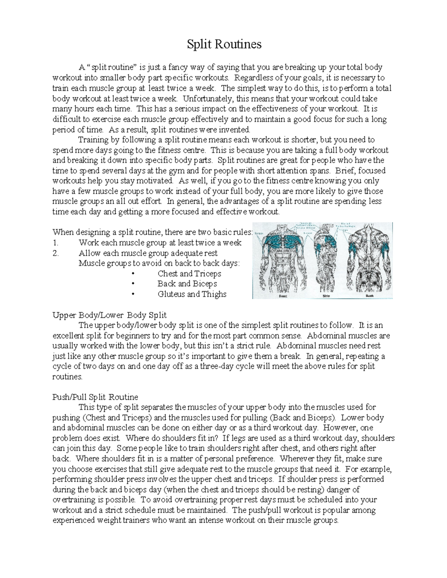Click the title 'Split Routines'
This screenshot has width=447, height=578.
pyautogui.click(x=224, y=45)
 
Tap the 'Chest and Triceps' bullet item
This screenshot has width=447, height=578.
pyautogui.click(x=189, y=274)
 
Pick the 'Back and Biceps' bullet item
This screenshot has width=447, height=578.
pyautogui.click(x=187, y=284)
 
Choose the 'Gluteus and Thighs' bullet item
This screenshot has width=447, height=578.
pyautogui.click(x=192, y=294)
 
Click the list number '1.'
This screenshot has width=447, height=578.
pyautogui.click(x=56, y=243)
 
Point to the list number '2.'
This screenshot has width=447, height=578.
pyautogui.click(x=56, y=253)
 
